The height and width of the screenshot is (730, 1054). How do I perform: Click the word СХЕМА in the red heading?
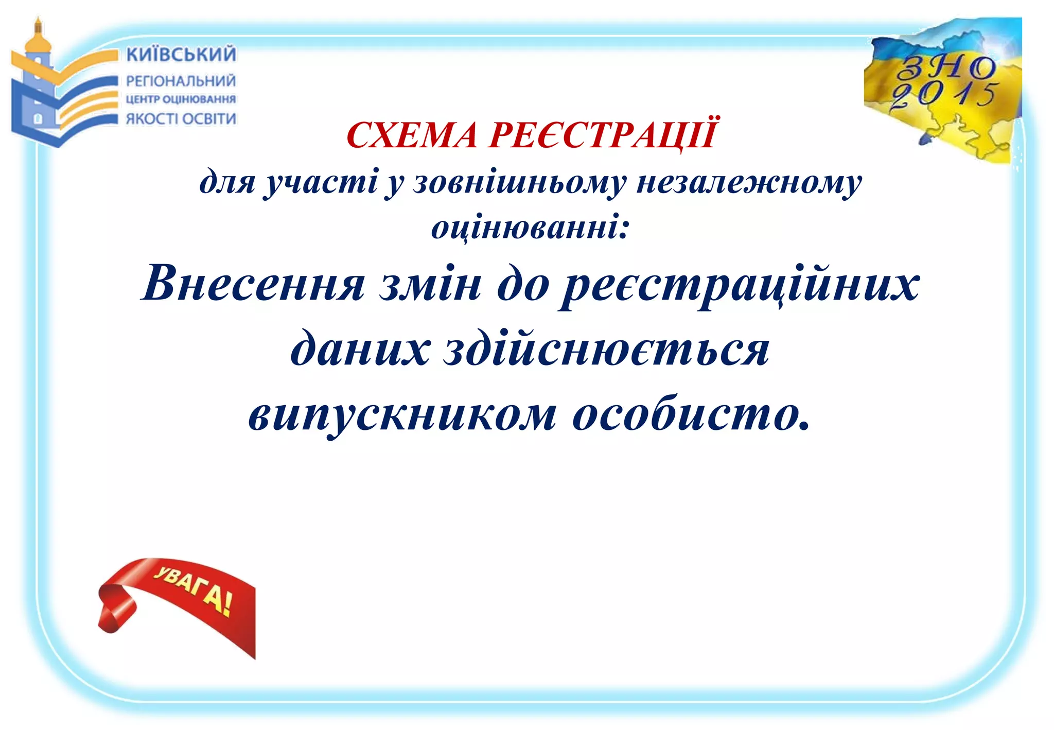pos(412,135)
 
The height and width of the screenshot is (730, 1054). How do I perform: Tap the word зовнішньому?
pos(520,182)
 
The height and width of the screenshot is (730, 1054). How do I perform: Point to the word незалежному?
pos(749,182)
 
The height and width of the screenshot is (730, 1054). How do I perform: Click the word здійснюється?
pos(607,350)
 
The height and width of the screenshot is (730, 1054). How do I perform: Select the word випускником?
pos(402,415)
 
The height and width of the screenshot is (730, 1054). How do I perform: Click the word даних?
pos(360,350)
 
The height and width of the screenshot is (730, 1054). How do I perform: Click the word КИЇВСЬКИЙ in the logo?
pos(181,54)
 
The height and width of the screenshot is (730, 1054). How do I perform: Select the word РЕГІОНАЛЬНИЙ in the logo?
pos(181,81)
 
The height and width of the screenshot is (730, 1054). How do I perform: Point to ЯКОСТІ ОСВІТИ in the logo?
pos(181,119)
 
